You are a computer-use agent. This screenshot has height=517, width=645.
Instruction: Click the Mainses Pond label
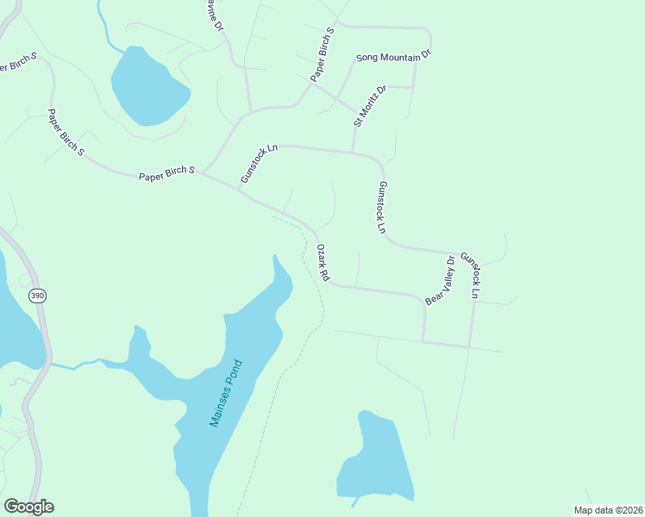tap(227, 394)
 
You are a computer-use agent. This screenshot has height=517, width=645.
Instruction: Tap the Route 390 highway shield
tap(36, 296)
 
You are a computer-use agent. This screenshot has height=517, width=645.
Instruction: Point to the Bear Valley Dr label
tap(438, 281)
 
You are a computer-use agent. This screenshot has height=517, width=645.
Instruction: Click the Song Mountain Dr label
tap(393, 58)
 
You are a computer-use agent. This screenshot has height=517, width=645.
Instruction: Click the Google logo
tap(28, 507)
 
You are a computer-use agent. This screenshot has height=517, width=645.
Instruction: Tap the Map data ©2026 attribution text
tap(608, 510)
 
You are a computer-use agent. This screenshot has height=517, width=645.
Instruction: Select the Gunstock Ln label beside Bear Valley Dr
tap(470, 275)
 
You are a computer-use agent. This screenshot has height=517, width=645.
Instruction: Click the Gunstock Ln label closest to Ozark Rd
tap(382, 208)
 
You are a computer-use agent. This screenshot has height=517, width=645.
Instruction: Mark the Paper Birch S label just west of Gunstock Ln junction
tap(167, 175)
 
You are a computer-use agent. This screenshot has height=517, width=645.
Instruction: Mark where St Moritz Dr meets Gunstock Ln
tap(353, 153)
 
